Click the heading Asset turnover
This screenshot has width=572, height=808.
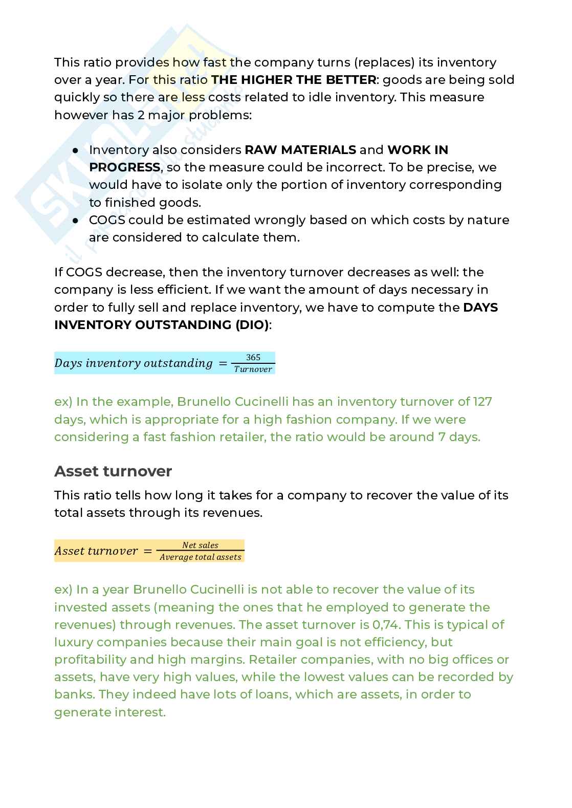(x=113, y=471)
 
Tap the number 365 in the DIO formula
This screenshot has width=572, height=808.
(x=253, y=357)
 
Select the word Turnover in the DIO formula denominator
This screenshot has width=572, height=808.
(x=253, y=369)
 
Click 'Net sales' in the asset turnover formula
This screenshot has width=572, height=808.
(x=200, y=545)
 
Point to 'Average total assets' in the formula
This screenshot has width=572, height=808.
(x=200, y=557)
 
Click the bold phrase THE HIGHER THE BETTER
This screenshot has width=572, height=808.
(x=294, y=80)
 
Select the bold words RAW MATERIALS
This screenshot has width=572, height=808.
(x=300, y=150)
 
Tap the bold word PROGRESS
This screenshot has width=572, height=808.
(x=124, y=167)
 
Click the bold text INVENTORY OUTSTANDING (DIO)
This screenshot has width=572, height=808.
(x=161, y=325)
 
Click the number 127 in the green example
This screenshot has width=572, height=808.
(x=482, y=402)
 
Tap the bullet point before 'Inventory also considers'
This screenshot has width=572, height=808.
(x=75, y=150)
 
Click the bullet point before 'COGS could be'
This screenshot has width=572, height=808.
(x=75, y=221)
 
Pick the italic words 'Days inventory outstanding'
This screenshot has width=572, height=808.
(x=133, y=363)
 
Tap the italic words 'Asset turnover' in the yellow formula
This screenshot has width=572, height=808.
(x=96, y=551)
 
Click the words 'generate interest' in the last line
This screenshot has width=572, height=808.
(x=109, y=712)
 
